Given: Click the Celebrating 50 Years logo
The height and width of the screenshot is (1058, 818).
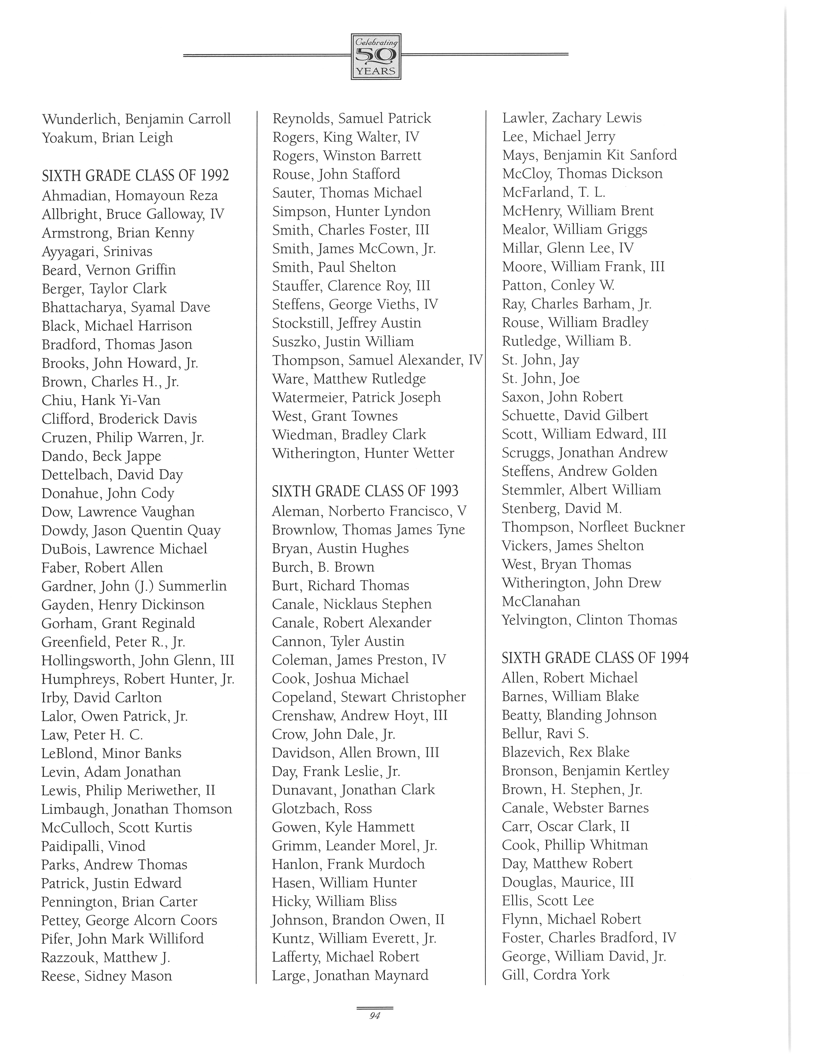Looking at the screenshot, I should coord(376,56).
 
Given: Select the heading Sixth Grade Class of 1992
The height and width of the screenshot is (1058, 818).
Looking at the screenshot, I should coord(135,175).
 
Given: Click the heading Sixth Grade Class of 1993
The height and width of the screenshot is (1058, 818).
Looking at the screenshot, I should coord(365,491).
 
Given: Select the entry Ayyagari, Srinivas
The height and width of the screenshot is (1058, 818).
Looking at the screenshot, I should coord(97,251).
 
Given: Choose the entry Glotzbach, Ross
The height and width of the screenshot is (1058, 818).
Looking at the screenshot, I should coord(322,809).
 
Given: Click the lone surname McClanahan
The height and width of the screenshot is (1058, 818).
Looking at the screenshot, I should coord(541,602).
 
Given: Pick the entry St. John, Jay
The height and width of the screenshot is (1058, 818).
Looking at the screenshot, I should coord(540,360).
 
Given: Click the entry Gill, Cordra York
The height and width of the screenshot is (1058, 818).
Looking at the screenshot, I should coord(555,975).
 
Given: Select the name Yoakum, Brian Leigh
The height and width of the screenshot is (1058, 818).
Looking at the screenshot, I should coord(107,138).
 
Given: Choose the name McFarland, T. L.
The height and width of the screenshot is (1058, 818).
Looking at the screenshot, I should coord(553,192).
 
